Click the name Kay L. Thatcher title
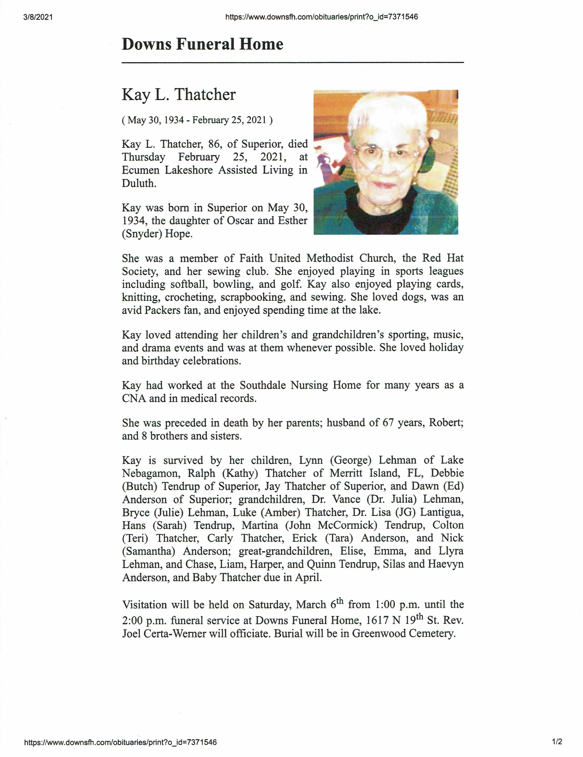tap(179, 95)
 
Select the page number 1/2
tap(557, 742)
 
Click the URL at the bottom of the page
tap(120, 742)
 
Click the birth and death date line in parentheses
tap(197, 120)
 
